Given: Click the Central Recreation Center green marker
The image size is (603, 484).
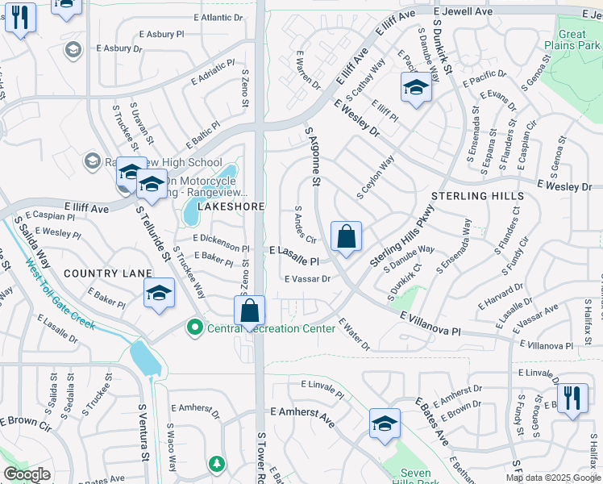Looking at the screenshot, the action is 193,328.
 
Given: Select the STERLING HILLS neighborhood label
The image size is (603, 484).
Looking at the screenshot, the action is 477,196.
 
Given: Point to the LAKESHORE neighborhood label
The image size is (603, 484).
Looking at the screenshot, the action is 231,207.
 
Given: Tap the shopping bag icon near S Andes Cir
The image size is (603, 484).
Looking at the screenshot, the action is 346,237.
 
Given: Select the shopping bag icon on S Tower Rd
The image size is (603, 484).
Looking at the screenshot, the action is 249,311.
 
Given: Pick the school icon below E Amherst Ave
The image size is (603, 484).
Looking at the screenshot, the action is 385,424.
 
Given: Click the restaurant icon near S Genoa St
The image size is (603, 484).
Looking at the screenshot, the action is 572,398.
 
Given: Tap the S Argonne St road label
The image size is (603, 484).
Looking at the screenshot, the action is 312,155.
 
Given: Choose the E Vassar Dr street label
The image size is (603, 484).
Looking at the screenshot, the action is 308,279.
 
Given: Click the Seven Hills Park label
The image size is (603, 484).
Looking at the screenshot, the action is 422,477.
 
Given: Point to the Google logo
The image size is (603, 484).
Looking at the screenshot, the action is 27,474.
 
